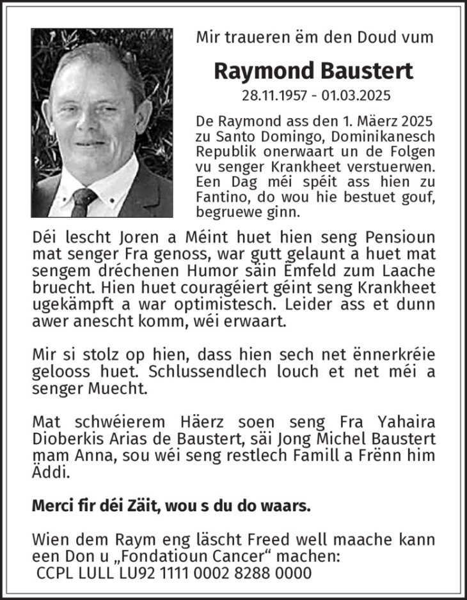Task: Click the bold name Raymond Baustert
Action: [313, 71]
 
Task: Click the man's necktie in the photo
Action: [84, 201]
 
